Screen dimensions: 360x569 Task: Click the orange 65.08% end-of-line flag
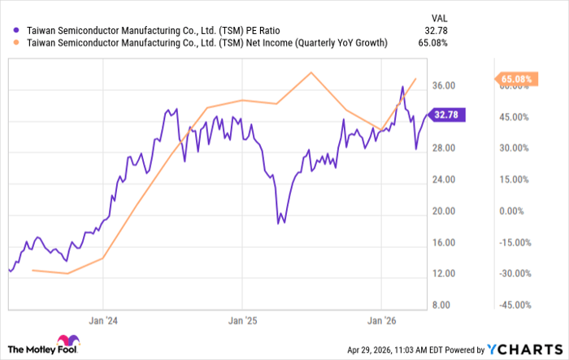pyautogui.click(x=515, y=79)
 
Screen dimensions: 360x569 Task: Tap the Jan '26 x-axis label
pyautogui.click(x=382, y=321)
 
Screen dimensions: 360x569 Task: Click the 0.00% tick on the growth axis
pyautogui.click(x=511, y=210)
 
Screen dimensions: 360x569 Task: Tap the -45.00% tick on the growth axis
pyautogui.click(x=513, y=305)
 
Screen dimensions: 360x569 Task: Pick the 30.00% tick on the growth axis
pyautogui.click(x=512, y=148)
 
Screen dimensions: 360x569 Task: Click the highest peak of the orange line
pyautogui.click(x=311, y=72)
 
